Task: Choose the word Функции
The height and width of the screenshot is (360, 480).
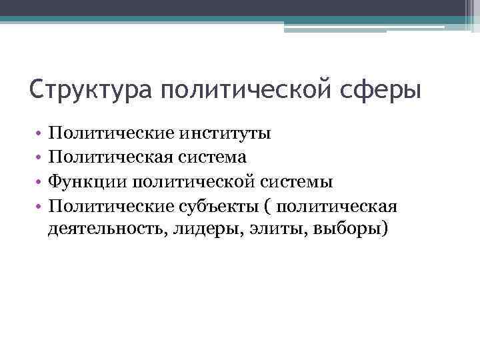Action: [x=86, y=181]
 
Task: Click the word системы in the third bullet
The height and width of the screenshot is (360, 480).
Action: [x=297, y=181]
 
